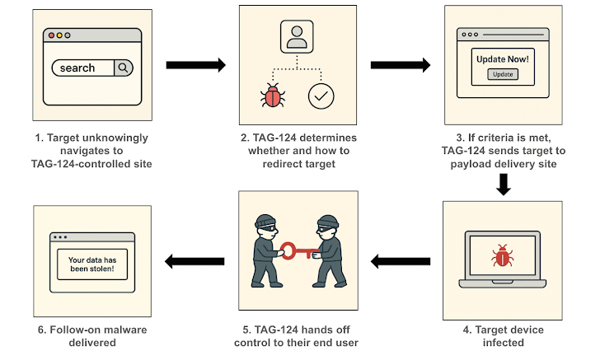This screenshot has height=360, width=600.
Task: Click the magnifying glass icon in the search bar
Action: [x=122, y=68]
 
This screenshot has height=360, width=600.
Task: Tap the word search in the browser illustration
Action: [x=77, y=68]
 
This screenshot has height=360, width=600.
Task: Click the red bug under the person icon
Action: [x=271, y=97]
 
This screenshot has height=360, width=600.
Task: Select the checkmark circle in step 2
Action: [x=321, y=96]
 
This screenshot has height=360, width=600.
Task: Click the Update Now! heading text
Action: [x=503, y=59]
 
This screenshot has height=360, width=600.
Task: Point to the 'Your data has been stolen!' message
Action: [x=91, y=262]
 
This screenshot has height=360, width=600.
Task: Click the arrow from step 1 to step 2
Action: [x=196, y=65]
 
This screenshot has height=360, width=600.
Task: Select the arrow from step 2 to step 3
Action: [x=401, y=65]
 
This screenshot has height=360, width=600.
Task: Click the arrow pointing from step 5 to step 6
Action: [x=196, y=262]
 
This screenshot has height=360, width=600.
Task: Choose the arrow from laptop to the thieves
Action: [x=401, y=262]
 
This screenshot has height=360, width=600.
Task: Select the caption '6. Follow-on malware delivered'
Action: [x=92, y=335]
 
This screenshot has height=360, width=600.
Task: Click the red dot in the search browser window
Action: [x=50, y=36]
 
